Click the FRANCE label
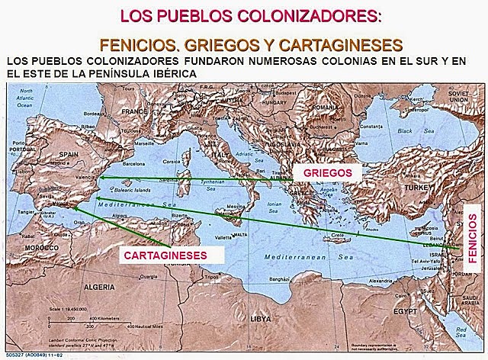(133, 111)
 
